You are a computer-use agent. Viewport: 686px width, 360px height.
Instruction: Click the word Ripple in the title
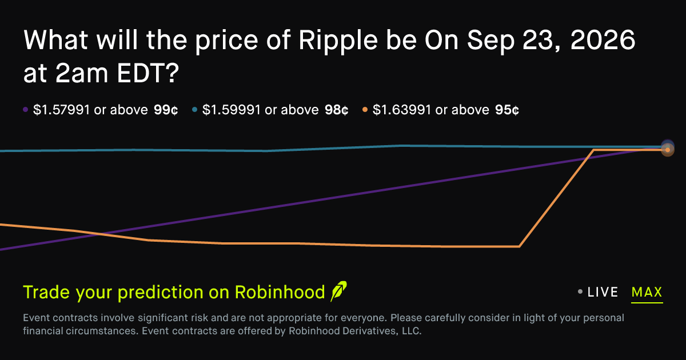338,41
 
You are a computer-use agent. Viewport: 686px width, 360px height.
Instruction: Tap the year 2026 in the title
603,40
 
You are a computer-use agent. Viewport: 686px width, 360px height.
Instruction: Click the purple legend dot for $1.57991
25,110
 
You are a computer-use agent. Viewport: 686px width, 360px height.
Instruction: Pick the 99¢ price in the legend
166,110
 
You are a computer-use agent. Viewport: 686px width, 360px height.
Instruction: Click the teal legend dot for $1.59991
194,110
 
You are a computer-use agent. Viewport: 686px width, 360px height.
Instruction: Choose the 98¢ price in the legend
337,110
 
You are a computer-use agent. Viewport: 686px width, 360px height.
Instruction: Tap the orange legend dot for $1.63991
365,110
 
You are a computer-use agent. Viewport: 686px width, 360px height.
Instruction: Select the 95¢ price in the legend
507,110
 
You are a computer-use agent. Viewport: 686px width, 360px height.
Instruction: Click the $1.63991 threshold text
402,110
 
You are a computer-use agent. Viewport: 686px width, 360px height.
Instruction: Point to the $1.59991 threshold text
231,110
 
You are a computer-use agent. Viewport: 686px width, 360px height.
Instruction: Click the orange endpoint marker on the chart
668,150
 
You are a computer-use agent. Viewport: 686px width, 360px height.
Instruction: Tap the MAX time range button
647,292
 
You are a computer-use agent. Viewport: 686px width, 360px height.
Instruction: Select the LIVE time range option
603,292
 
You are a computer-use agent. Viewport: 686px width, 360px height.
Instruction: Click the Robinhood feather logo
338,291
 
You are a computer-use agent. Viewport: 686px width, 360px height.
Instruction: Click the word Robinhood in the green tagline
280,292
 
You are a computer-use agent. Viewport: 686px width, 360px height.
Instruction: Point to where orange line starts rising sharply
520,246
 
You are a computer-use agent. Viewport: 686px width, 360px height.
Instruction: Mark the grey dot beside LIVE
580,292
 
